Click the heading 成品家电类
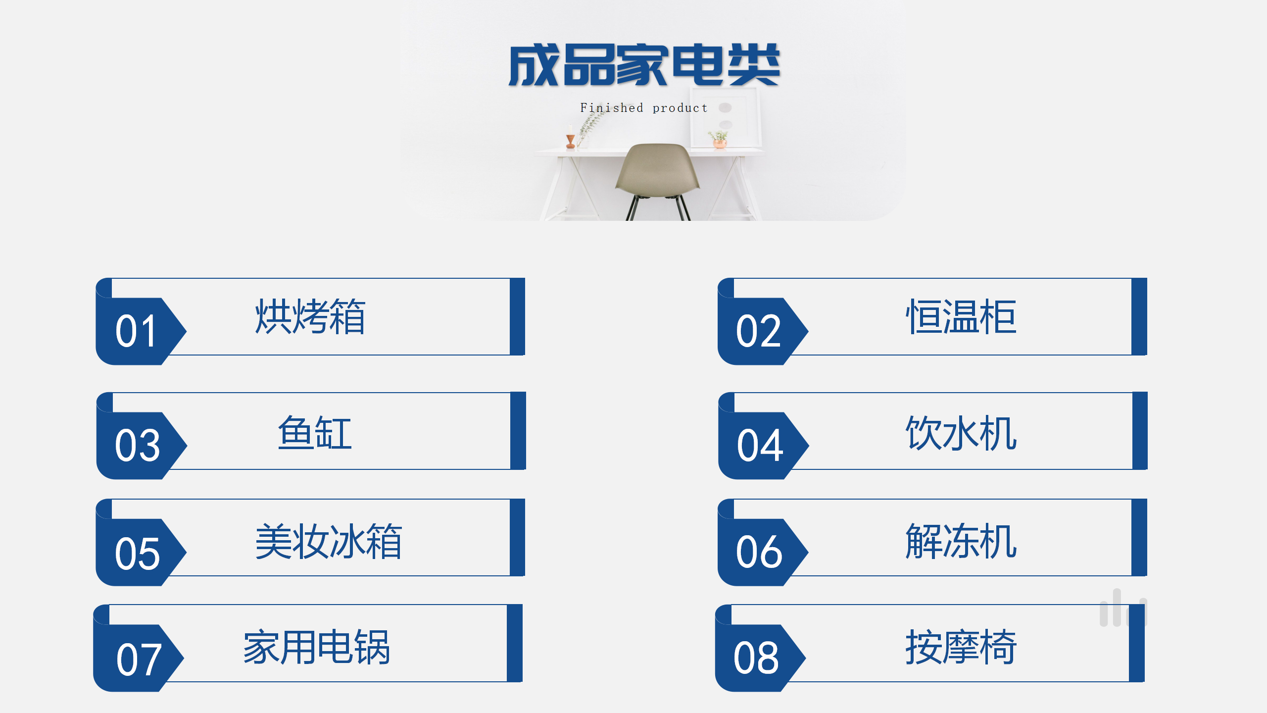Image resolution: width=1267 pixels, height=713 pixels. click(x=644, y=65)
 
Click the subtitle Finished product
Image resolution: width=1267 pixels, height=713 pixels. click(x=643, y=108)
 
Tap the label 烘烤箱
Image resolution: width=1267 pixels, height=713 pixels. click(x=310, y=317)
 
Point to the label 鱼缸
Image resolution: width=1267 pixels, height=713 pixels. click(x=315, y=433)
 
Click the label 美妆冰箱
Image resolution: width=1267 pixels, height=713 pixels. click(x=329, y=541)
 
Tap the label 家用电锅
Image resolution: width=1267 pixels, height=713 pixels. click(x=317, y=647)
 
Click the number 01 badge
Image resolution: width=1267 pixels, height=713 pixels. click(x=136, y=331)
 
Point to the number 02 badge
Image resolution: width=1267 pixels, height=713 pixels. click(x=758, y=331)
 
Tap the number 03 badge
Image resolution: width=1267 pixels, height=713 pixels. click(x=137, y=445)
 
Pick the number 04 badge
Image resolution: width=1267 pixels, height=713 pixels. click(x=759, y=445)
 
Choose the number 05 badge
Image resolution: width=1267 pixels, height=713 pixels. click(x=137, y=553)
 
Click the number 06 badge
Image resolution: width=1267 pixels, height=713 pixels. click(x=759, y=552)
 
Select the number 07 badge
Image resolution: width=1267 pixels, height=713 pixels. click(x=138, y=659)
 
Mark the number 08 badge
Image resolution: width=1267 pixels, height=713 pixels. click(x=756, y=658)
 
